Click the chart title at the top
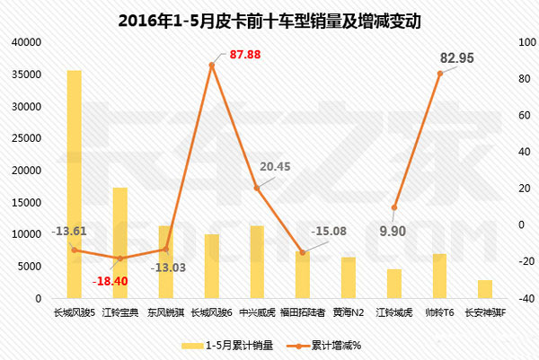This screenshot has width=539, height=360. click(x=269, y=18)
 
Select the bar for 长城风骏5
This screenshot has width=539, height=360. click(x=74, y=184)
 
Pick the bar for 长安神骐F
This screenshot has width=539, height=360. click(x=485, y=288)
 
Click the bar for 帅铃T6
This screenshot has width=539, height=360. click(x=439, y=276)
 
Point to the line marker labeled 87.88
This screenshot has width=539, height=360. click(x=212, y=65)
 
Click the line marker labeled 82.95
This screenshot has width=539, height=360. click(x=439, y=74)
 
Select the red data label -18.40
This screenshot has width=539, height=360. click(x=112, y=280)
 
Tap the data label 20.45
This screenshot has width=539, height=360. click(x=274, y=166)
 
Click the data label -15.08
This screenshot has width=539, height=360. click(x=329, y=233)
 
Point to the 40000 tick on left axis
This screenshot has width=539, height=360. click(x=26, y=42)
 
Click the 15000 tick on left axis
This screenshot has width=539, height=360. click(x=26, y=202)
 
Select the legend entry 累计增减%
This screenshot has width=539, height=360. click(x=335, y=345)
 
